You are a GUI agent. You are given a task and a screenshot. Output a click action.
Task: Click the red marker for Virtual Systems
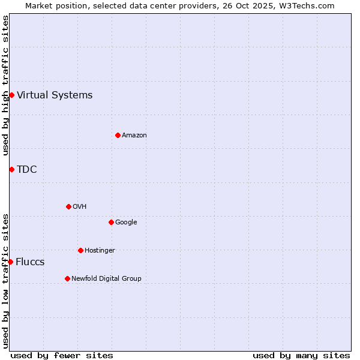[x=11, y=95]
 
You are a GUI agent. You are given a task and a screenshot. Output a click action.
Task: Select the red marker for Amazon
[x=118, y=135]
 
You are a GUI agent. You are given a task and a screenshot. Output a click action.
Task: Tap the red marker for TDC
[x=11, y=169]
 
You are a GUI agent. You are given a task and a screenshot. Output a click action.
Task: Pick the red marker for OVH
[x=68, y=206]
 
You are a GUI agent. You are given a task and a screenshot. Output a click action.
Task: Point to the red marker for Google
[x=111, y=222]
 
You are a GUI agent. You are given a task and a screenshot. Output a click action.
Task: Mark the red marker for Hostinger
[x=80, y=250]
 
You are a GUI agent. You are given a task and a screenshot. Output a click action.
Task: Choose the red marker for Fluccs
[x=10, y=262]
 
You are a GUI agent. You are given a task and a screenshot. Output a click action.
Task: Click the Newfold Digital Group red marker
[x=67, y=278]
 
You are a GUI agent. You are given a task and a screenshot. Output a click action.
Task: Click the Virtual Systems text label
[x=55, y=95]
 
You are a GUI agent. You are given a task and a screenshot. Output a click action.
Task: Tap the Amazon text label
[x=134, y=135]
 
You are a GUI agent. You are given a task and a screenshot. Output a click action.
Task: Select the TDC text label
[x=27, y=169]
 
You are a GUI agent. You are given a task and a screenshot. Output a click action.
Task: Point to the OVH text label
[x=80, y=206]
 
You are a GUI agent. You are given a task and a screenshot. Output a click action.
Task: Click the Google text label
[x=126, y=222]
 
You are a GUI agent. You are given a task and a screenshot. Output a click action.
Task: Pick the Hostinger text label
[x=100, y=250]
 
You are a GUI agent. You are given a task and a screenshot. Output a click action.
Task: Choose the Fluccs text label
[x=30, y=262]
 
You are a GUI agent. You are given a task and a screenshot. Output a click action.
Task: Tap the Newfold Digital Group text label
[x=106, y=278]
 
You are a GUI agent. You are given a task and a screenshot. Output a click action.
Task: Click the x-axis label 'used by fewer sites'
[x=62, y=355]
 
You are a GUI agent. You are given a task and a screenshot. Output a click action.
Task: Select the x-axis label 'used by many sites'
[x=301, y=355]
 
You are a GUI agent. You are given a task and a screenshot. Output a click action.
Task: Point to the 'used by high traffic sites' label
[x=5, y=85]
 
